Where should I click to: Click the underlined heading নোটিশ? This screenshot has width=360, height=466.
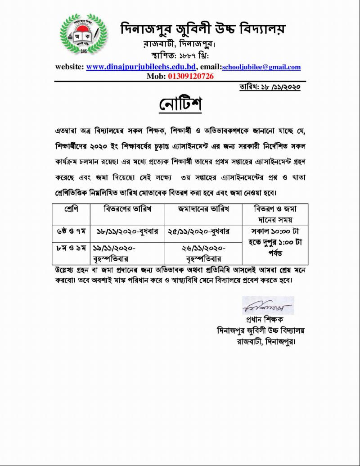point(180,104)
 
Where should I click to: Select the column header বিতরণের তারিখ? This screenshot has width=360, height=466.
point(127,209)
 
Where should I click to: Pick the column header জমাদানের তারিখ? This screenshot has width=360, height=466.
point(203,209)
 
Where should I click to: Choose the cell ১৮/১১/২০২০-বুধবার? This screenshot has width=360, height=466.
point(127,231)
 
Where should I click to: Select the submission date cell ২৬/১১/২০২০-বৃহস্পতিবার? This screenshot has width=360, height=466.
point(204,253)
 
